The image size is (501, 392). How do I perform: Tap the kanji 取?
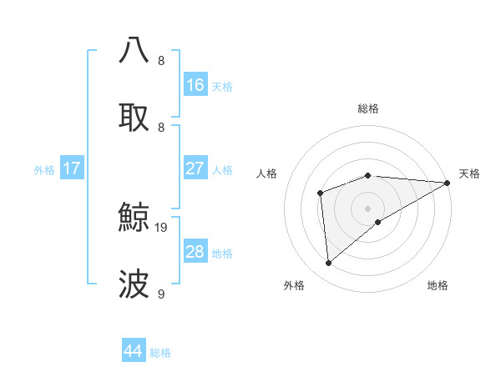(x=134, y=117)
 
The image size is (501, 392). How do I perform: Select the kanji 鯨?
(x=134, y=219)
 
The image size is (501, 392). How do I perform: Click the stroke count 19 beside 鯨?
(x=162, y=227)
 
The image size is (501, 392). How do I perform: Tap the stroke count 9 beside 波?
(x=161, y=294)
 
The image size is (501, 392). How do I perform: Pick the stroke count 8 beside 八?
(x=161, y=60)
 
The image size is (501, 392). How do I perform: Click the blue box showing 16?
(x=195, y=85)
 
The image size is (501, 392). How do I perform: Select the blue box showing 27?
(x=195, y=168)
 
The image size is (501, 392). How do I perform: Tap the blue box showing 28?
(x=195, y=252)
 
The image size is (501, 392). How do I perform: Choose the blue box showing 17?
(x=72, y=168)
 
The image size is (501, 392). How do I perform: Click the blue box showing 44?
(x=134, y=352)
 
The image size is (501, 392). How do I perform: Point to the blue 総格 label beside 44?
(x=160, y=353)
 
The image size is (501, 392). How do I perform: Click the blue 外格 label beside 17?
(x=44, y=169)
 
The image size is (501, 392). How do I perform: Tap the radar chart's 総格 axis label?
(x=368, y=108)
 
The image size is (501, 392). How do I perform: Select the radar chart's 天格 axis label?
(x=470, y=173)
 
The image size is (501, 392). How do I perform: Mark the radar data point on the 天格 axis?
(x=448, y=183)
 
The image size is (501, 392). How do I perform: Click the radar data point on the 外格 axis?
(x=329, y=264)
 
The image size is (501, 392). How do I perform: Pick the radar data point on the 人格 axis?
(x=320, y=193)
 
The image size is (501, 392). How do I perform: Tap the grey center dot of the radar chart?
(x=368, y=208)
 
